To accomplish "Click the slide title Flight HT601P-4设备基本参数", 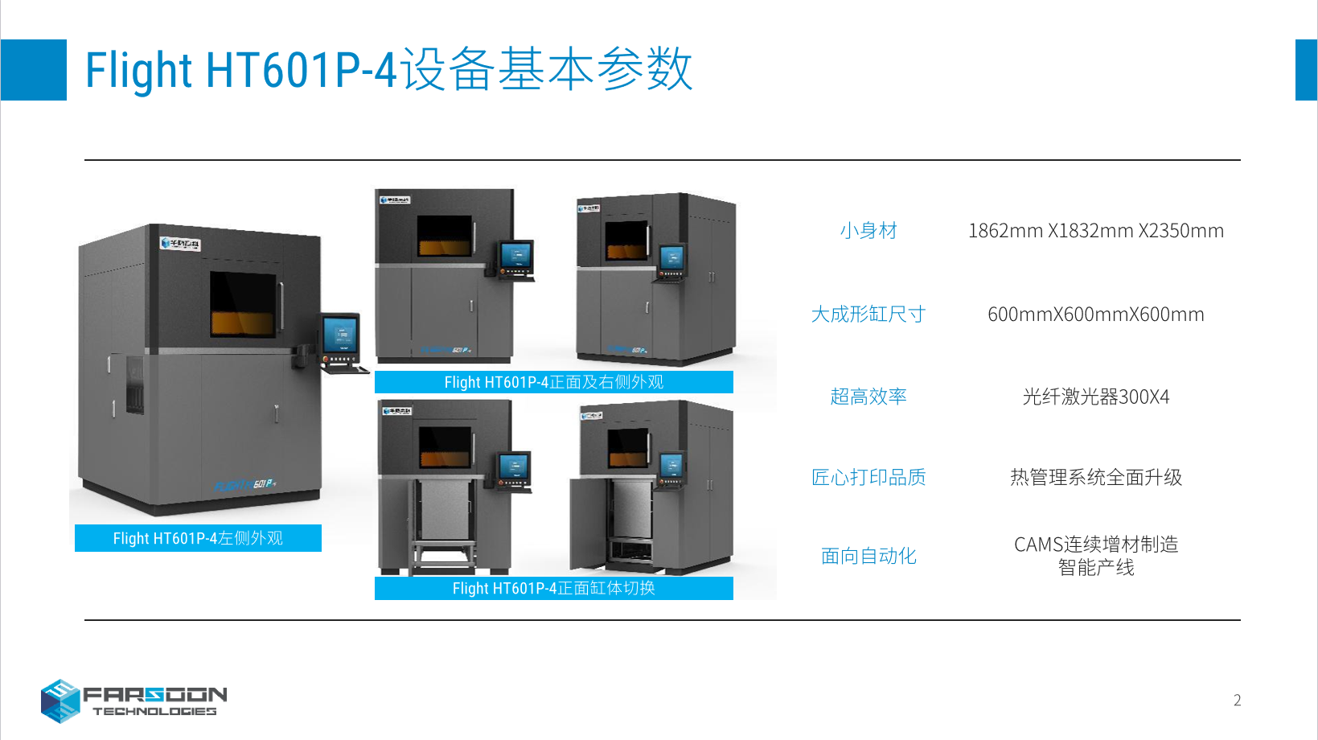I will (388, 69).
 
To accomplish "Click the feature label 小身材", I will (868, 231).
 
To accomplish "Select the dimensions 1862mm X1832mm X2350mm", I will (1095, 231).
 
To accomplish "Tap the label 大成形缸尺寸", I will (868, 314).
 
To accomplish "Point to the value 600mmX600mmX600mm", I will (1095, 314).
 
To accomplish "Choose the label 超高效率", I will (868, 397).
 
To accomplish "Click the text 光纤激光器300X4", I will (1095, 397).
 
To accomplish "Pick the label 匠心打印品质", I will (868, 478).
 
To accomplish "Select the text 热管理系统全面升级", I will (1095, 478).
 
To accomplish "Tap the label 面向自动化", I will (868, 556).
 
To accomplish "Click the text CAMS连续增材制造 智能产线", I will (1095, 556).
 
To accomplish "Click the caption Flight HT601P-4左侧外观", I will (198, 538).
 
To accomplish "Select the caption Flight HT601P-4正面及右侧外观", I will (553, 382).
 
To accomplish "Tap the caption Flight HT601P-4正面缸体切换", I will (553, 588).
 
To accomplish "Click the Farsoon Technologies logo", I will (133, 701).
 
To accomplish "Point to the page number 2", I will (1237, 701).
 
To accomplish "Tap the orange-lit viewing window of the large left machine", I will (243, 304).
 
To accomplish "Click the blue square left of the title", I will (34, 70).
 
